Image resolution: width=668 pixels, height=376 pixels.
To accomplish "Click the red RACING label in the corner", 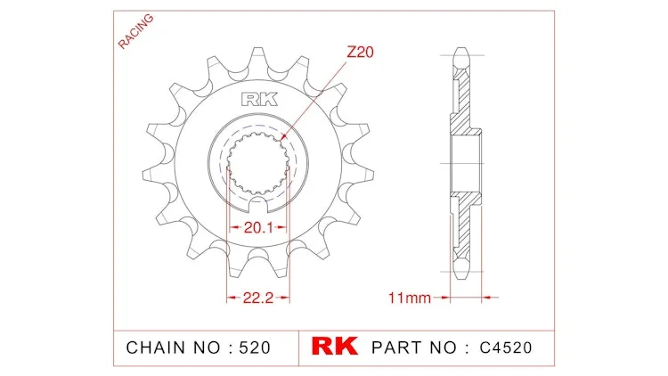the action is (x=135, y=31).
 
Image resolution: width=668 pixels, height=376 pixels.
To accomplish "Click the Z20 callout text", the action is (x=360, y=52).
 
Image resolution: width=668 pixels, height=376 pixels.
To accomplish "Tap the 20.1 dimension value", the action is (x=258, y=227).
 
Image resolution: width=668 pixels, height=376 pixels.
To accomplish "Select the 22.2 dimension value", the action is (x=258, y=298).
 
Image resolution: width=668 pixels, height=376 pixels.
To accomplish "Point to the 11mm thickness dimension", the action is (x=410, y=298).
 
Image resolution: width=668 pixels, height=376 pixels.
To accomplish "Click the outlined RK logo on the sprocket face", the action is (x=259, y=99).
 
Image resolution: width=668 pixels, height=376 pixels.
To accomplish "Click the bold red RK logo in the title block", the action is (x=334, y=347).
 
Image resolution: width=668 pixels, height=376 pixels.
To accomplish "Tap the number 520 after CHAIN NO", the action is (x=255, y=347).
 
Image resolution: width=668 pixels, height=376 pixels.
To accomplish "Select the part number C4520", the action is (x=506, y=347).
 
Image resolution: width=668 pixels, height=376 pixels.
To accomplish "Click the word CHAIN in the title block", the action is (x=157, y=347).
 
